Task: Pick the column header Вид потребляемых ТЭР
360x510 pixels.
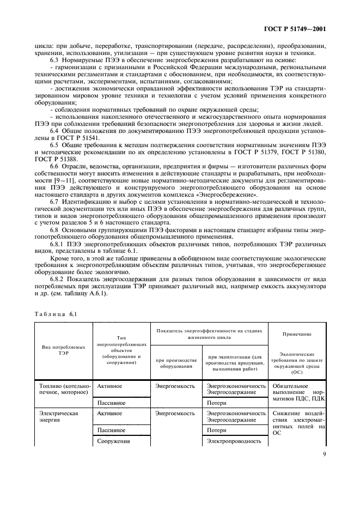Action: coord(64,349)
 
